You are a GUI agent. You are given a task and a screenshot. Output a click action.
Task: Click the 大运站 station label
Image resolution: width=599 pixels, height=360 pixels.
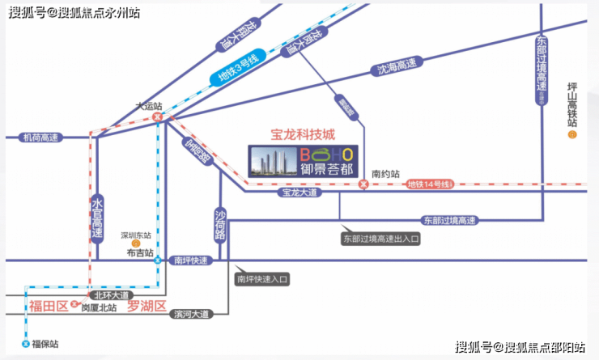[148, 106]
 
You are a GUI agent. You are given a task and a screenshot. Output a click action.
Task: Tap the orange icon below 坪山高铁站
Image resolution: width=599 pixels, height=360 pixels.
[572, 134]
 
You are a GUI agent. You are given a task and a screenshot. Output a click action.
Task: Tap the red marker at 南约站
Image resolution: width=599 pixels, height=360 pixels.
[363, 185]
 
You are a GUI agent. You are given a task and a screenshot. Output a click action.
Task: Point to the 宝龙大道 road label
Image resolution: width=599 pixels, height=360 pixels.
[299, 193]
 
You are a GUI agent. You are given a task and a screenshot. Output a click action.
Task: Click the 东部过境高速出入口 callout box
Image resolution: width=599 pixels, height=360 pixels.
[381, 239]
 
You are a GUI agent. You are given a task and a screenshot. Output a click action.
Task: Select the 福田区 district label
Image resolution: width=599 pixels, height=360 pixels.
[47, 306]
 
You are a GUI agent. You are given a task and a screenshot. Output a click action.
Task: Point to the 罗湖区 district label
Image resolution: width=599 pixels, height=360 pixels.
[147, 306]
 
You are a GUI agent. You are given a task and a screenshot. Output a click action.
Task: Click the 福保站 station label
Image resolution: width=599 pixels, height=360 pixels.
[44, 344]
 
